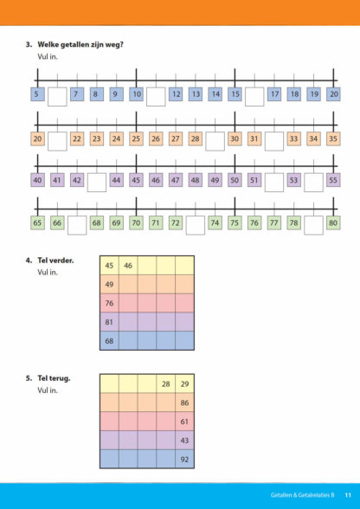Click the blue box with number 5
click(38, 94)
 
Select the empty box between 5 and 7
click(57, 96)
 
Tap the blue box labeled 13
click(196, 94)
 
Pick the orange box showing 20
click(38, 139)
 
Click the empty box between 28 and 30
click(215, 141)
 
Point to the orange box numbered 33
click(293, 139)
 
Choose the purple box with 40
click(38, 180)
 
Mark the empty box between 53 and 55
click(313, 183)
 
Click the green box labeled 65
click(38, 222)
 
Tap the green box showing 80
click(333, 222)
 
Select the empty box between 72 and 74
click(196, 225)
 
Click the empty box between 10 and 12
click(156, 96)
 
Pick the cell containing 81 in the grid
click(109, 322)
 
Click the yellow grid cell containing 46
click(128, 266)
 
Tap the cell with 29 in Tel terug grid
click(184, 384)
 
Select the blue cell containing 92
click(184, 460)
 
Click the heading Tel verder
click(55, 261)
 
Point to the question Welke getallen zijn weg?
click(80, 44)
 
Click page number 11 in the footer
click(348, 495)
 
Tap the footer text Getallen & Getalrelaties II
click(303, 495)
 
